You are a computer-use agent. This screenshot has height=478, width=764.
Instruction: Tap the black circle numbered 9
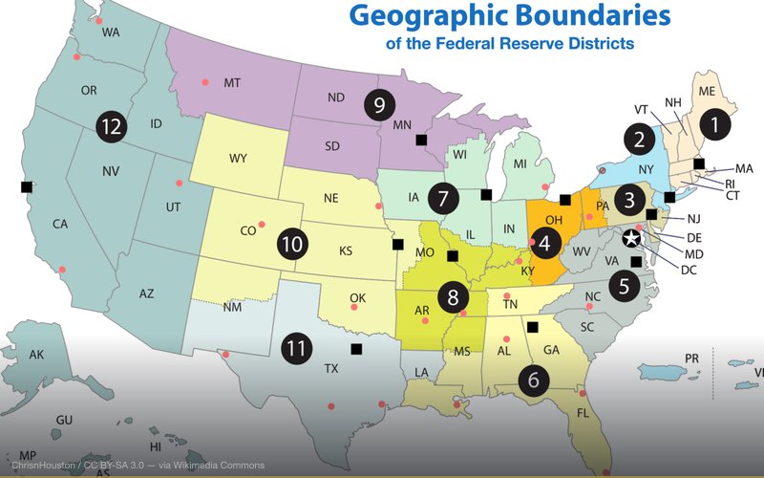coord(379,103)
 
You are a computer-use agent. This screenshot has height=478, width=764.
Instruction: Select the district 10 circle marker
coord(293,244)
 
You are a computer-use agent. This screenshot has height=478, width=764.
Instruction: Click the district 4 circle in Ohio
coord(545,242)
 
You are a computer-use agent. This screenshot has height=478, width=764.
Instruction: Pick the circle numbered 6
coord(533,379)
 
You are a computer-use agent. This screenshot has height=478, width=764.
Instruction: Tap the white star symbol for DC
coord(631,239)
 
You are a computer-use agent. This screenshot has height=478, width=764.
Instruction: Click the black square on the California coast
coord(26,186)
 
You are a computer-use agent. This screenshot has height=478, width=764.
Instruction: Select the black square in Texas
coord(356,350)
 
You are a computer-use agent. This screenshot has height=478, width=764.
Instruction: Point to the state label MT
coord(231,84)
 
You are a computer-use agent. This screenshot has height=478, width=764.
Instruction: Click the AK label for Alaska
coord(36,355)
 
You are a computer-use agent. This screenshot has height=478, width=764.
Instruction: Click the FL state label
coord(582,413)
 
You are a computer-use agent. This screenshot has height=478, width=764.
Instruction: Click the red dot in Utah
coord(179,184)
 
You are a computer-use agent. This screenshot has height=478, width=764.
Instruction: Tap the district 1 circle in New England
coord(715,122)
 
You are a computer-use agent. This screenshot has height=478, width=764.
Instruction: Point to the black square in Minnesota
coord(420,140)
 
